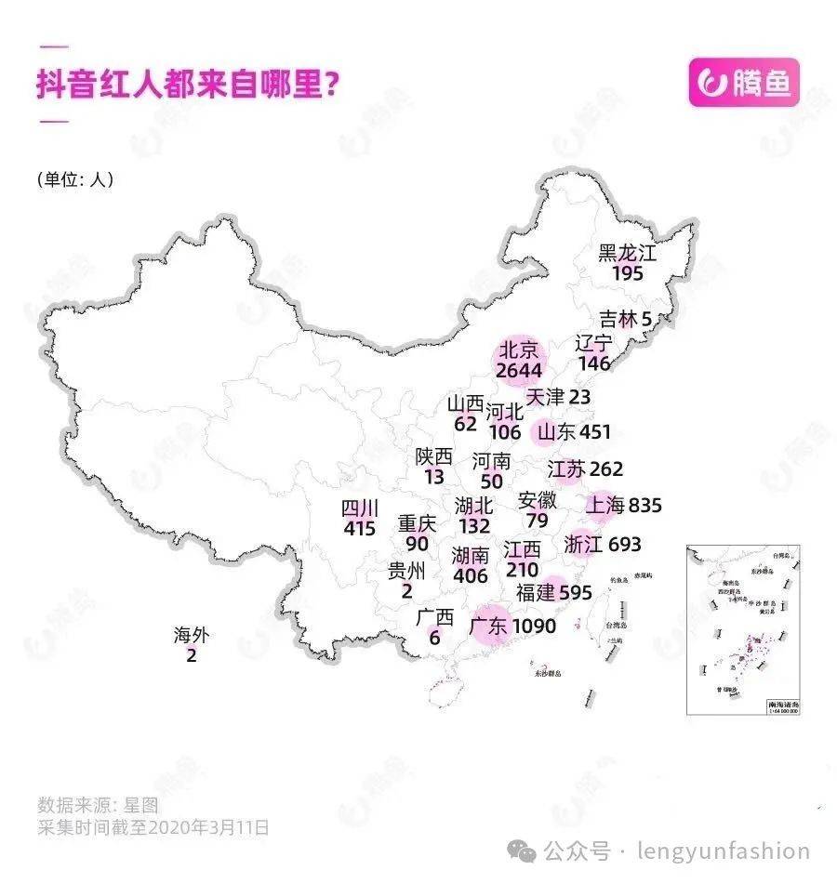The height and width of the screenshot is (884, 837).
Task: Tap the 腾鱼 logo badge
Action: (x=743, y=83)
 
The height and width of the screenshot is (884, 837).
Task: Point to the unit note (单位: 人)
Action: (x=74, y=179)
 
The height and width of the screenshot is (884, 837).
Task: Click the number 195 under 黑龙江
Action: (x=628, y=273)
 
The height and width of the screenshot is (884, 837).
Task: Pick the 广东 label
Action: (x=488, y=626)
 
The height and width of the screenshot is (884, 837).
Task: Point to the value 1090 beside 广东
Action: (x=533, y=627)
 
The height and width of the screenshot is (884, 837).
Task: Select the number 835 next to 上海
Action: (x=645, y=506)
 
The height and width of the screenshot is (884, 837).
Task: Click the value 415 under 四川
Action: (x=359, y=529)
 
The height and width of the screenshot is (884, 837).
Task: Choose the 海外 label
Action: (x=192, y=637)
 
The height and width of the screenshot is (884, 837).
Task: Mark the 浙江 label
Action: (x=583, y=545)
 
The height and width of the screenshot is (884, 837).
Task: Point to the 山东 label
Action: (x=556, y=432)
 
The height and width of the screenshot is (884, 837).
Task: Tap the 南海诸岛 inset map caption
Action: (x=778, y=706)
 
